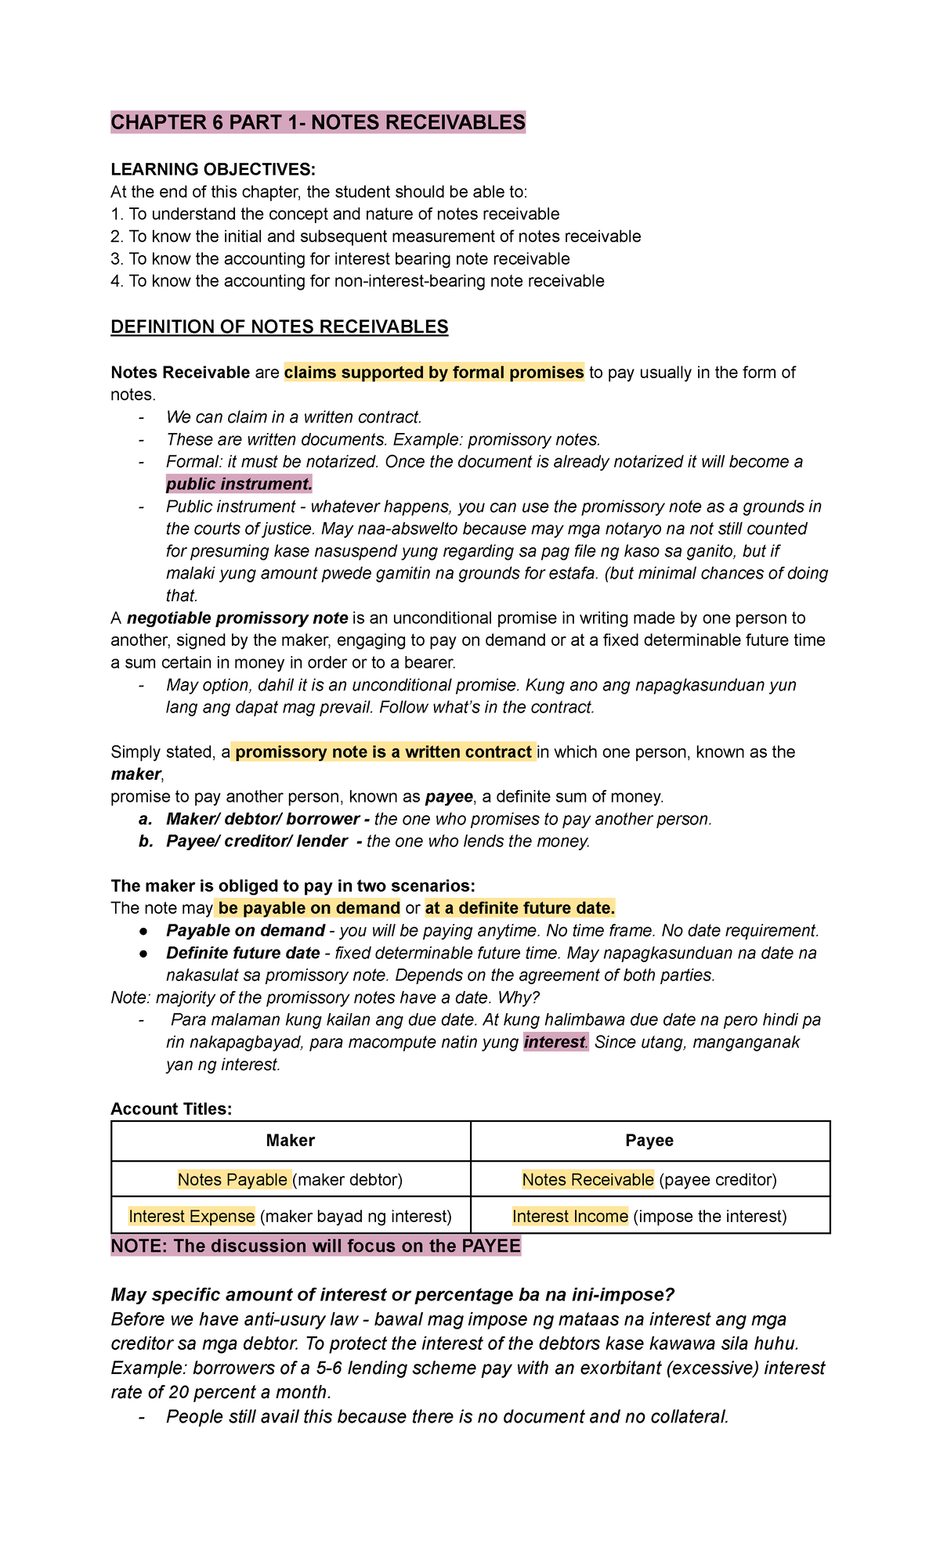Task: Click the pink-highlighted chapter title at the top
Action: pos(317,123)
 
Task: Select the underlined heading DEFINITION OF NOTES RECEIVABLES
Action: pos(279,327)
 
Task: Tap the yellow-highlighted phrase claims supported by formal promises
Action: pos(434,373)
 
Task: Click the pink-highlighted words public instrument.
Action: pos(239,484)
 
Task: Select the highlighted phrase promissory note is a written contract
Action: pos(383,752)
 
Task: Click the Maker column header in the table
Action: pos(290,1141)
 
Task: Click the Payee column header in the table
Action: pos(649,1141)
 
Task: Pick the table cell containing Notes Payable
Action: pos(290,1180)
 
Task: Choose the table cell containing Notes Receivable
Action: pos(649,1180)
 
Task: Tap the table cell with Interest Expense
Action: pos(290,1217)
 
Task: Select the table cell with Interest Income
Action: pos(649,1217)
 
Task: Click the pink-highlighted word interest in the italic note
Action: pos(555,1043)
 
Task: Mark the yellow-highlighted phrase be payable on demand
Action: pos(309,908)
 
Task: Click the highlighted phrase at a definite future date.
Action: pos(519,908)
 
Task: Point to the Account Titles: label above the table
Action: pos(171,1109)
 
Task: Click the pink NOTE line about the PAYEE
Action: pos(316,1246)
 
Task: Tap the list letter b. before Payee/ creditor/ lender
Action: pos(145,842)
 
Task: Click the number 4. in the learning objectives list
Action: pos(117,282)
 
